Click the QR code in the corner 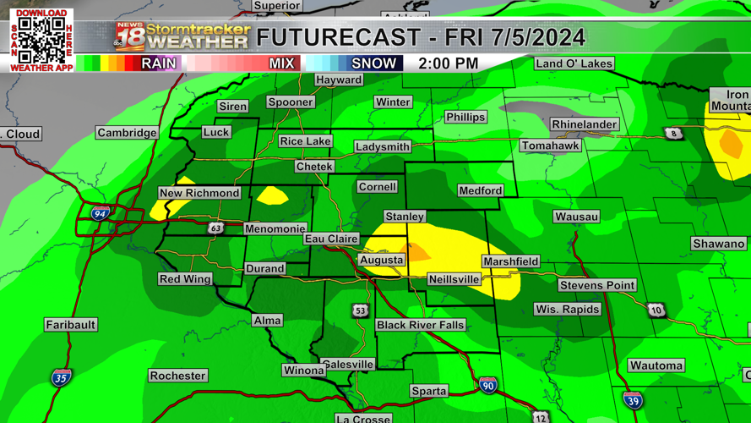point(41,40)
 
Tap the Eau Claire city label point(331,239)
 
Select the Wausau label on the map point(576,217)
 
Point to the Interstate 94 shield point(101,214)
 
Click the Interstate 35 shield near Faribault point(60,377)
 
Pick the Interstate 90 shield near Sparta point(488,385)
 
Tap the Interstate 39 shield point(633,399)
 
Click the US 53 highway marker point(361,310)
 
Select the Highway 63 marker point(215,228)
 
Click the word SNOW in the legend point(373,63)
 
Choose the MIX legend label point(281,63)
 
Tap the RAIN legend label point(159,63)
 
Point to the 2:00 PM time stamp point(448,63)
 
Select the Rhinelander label point(584,124)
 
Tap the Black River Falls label point(420,325)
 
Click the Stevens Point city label point(596,285)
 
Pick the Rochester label point(177,376)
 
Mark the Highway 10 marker point(656,310)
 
